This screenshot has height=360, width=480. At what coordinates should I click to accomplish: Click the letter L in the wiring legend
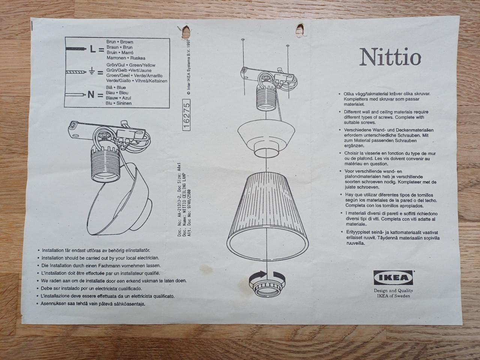tap(93, 49)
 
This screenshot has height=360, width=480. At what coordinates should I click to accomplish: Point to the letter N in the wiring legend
tap(91, 94)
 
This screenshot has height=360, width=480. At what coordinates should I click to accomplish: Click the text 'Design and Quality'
tap(393, 291)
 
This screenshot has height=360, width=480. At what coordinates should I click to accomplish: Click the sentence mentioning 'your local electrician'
tap(100, 258)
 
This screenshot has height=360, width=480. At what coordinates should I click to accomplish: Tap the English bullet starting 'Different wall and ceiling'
tap(386, 117)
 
